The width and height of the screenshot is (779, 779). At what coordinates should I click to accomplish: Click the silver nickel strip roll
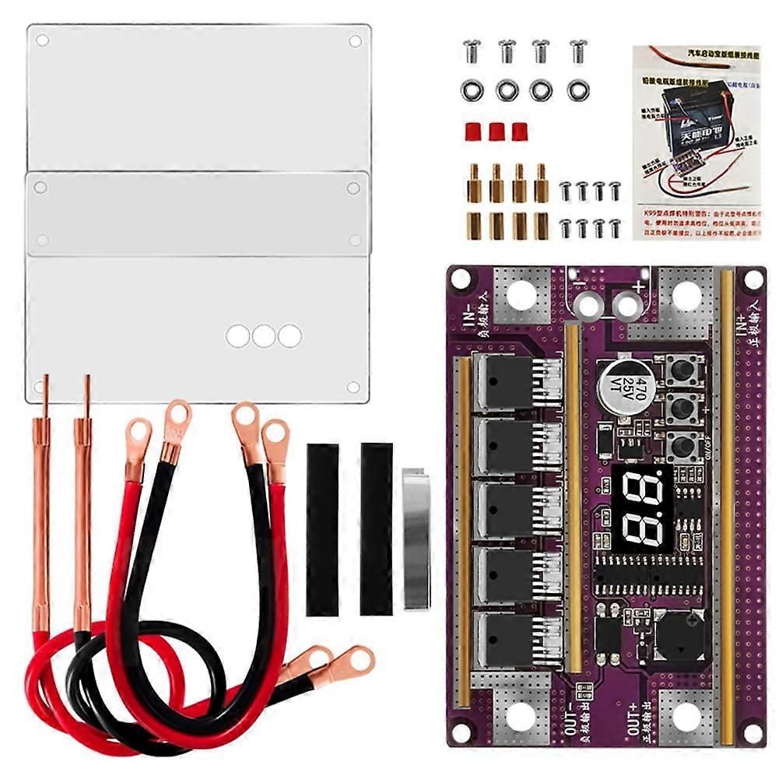[x=416, y=537]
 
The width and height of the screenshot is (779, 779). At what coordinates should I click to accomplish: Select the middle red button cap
[x=497, y=131]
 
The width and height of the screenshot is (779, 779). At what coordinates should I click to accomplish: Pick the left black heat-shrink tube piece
[x=322, y=529]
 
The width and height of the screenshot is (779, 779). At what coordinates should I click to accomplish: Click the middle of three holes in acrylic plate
[x=264, y=336]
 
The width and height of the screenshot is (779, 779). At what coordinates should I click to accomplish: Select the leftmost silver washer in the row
[x=472, y=90]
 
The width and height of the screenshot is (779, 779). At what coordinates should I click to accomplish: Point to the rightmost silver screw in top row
[x=577, y=51]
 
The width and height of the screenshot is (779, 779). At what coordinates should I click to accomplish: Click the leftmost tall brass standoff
[x=474, y=183]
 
